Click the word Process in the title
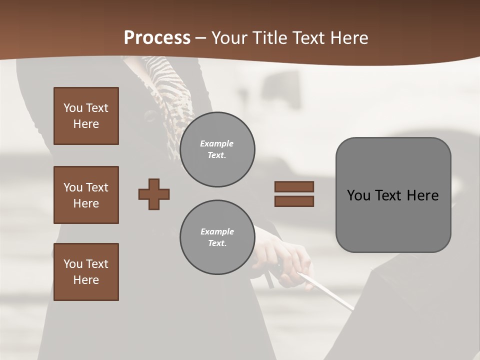pos(157,38)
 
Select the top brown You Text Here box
pos(86,116)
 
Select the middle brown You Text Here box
pos(86,195)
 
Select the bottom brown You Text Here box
pos(86,272)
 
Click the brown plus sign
pos(154,194)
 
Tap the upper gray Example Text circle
pos(217,149)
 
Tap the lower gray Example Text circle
pos(217,237)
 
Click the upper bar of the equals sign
pos(294,186)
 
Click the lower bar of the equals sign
pos(294,201)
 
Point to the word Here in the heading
pos(348,38)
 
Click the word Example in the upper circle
pos(217,144)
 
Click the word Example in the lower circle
pos(217,232)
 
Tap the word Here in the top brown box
pos(86,124)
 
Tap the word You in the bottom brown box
pos(72,264)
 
